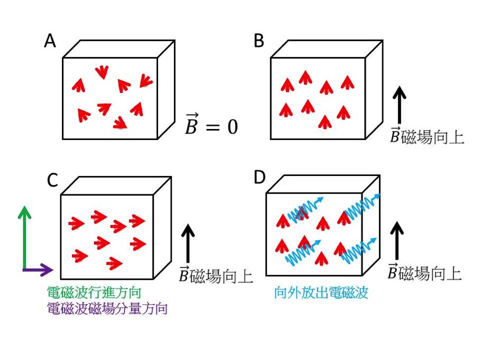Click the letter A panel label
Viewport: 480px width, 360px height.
coord(50,41)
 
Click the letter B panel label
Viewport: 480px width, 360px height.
coord(259,41)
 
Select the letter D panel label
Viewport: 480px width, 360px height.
coord(259,177)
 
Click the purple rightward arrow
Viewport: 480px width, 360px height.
coord(38,270)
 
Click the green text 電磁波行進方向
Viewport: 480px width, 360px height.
coord(94,292)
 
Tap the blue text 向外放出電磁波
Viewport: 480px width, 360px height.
coord(321,292)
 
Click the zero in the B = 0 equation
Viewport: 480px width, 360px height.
coord(232,126)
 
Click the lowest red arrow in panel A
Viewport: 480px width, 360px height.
coord(120,123)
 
